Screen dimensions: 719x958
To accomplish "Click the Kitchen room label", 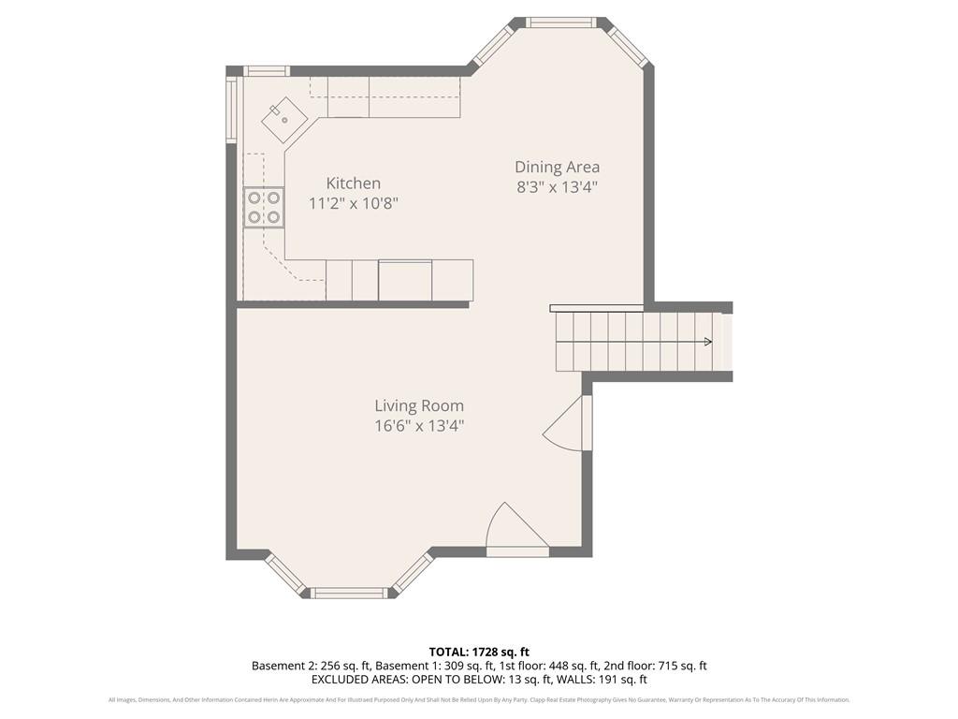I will [x=353, y=183].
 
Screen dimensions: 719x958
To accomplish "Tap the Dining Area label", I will [x=557, y=168].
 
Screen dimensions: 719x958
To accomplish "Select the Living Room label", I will [x=419, y=405].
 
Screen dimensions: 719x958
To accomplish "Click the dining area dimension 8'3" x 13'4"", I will [x=557, y=186].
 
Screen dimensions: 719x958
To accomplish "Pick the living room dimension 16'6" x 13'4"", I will [x=419, y=425].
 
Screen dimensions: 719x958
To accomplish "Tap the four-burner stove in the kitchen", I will [x=264, y=207].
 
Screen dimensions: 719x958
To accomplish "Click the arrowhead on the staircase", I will [x=707, y=342].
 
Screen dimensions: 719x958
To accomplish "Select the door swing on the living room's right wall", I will [x=567, y=426].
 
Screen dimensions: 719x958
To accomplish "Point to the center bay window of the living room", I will [x=348, y=593].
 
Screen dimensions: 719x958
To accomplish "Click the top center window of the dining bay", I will [x=560, y=22].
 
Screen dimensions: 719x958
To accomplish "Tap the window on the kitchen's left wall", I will [x=231, y=109].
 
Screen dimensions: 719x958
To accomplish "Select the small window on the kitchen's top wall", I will [x=267, y=70].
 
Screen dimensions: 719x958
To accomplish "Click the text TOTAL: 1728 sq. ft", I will [x=479, y=652].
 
